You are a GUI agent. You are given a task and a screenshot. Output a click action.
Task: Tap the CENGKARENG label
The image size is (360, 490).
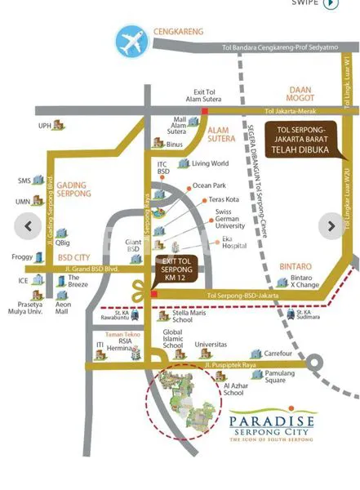click(x=176, y=32)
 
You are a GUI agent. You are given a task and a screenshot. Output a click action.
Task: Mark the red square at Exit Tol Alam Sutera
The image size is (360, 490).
click(x=206, y=109)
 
